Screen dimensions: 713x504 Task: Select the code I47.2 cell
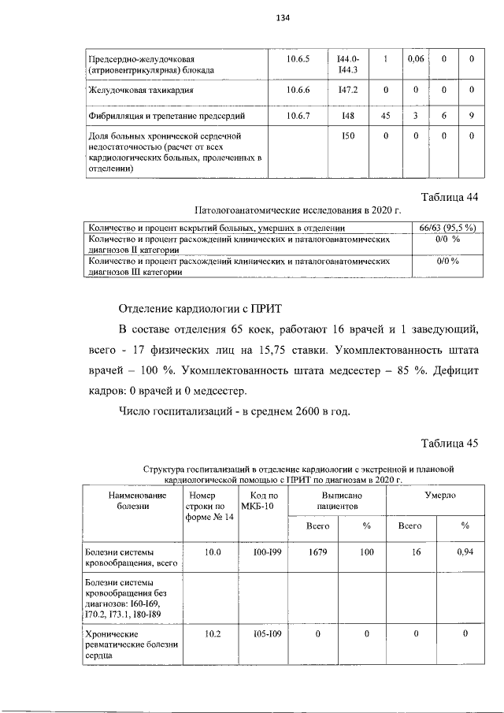347,90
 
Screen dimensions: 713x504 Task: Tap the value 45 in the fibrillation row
386,116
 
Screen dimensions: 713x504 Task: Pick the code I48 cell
347,116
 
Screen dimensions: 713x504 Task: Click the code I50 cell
347,136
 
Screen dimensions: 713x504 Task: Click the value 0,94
465,552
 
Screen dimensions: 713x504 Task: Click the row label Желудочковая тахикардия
140,90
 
